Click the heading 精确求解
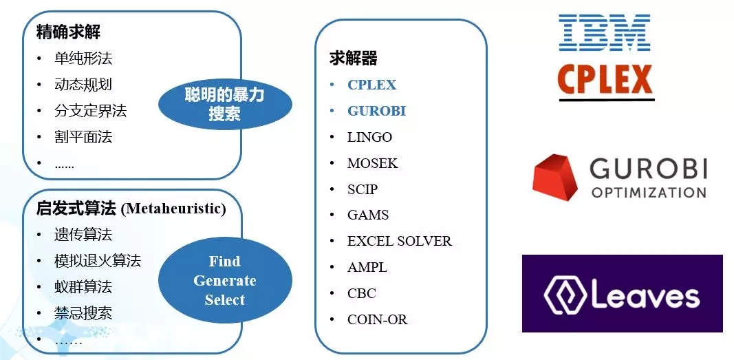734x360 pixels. [x=68, y=32]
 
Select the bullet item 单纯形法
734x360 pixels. [x=83, y=59]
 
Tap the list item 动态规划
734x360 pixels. [x=83, y=85]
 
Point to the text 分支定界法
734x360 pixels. [x=90, y=111]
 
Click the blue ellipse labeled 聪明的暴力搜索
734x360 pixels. [x=225, y=103]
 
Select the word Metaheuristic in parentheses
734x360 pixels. [x=173, y=209]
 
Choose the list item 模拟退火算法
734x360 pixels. [x=98, y=261]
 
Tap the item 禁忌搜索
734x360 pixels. [x=83, y=313]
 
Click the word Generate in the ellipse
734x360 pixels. [x=225, y=281]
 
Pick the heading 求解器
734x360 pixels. [x=354, y=59]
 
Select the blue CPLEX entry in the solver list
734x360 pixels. [x=371, y=85]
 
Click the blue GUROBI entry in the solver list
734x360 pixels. [x=376, y=111]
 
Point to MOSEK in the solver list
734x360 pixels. [x=373, y=163]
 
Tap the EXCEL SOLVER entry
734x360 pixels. [x=399, y=241]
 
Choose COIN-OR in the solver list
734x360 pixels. [x=377, y=320]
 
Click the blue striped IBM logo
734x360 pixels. [x=605, y=32]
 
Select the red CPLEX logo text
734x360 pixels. [x=605, y=80]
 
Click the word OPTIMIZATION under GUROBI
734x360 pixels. [x=649, y=193]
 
